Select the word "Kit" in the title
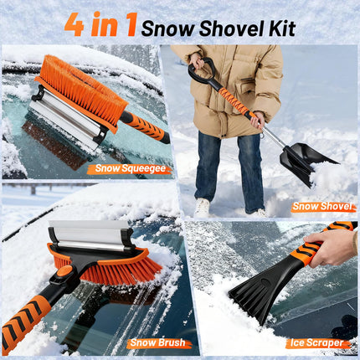[x=279, y=28]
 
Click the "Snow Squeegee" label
[x=129, y=169]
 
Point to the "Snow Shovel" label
[x=323, y=206]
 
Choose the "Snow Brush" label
[x=154, y=342]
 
